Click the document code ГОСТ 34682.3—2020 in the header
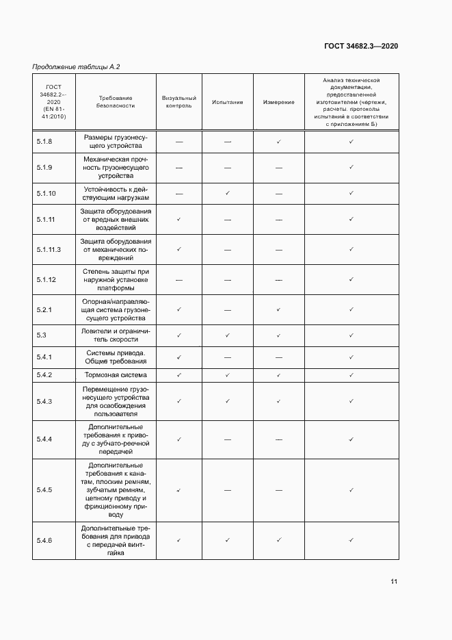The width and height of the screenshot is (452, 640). coord(361,46)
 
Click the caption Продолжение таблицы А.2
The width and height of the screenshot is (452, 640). coord(77,66)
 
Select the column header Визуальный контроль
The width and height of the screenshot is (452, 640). coord(178,102)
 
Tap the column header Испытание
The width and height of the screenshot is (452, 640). coord(227,102)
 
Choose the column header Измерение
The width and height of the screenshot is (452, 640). coord(278,102)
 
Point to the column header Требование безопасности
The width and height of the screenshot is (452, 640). coord(116,102)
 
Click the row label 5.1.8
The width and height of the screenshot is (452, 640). coord(44,142)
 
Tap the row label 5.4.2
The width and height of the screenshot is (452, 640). coord(44,375)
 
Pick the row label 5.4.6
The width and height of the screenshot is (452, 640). coord(44,541)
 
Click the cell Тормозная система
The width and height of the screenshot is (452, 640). coord(116,375)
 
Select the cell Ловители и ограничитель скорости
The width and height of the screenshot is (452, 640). coord(116,335)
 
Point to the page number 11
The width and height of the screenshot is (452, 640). coord(394,582)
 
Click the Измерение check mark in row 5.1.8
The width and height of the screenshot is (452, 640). coord(279,142)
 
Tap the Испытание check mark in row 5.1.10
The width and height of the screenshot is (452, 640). coord(228,193)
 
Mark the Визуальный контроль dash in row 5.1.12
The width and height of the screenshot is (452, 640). coord(178,279)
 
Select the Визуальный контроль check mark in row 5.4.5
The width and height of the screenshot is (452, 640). coord(178,490)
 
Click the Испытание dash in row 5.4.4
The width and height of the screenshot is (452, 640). coord(228,439)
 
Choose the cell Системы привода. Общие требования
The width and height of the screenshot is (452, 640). coord(116,357)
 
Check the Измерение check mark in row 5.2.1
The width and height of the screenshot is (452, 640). coord(279,309)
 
